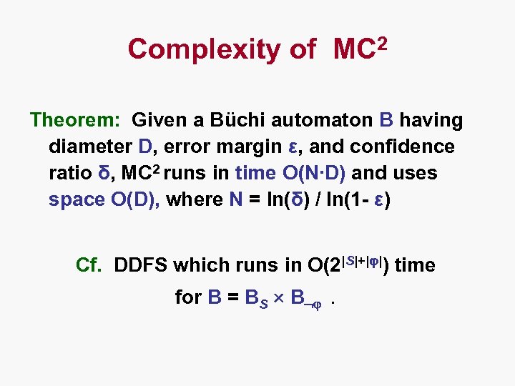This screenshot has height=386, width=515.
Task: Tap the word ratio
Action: pyautogui.click(x=69, y=173)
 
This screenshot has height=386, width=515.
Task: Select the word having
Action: pyautogui.click(x=431, y=120)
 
